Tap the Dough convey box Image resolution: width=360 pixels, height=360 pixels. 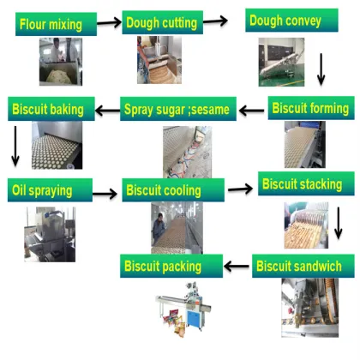coord(287,18)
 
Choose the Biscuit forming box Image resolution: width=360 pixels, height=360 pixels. coord(310,109)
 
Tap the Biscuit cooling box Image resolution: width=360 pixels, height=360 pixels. coord(173,189)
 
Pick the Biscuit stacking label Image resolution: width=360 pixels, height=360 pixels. coord(302,183)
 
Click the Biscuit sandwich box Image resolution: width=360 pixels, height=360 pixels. coord(303,267)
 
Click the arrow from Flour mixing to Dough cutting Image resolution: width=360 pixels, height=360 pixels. coord(109,23)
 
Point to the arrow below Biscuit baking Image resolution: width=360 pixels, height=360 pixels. coord(15,147)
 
